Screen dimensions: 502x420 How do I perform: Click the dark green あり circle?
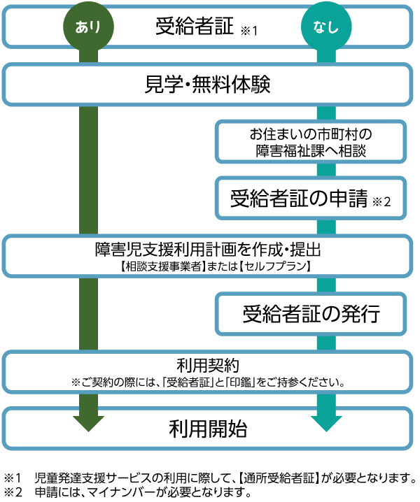point(88,28)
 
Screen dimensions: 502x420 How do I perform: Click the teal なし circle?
point(326,28)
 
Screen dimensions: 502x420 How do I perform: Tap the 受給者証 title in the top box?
point(194,27)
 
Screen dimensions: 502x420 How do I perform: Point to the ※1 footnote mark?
point(249,31)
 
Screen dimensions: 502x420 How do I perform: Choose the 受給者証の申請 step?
point(299,199)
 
